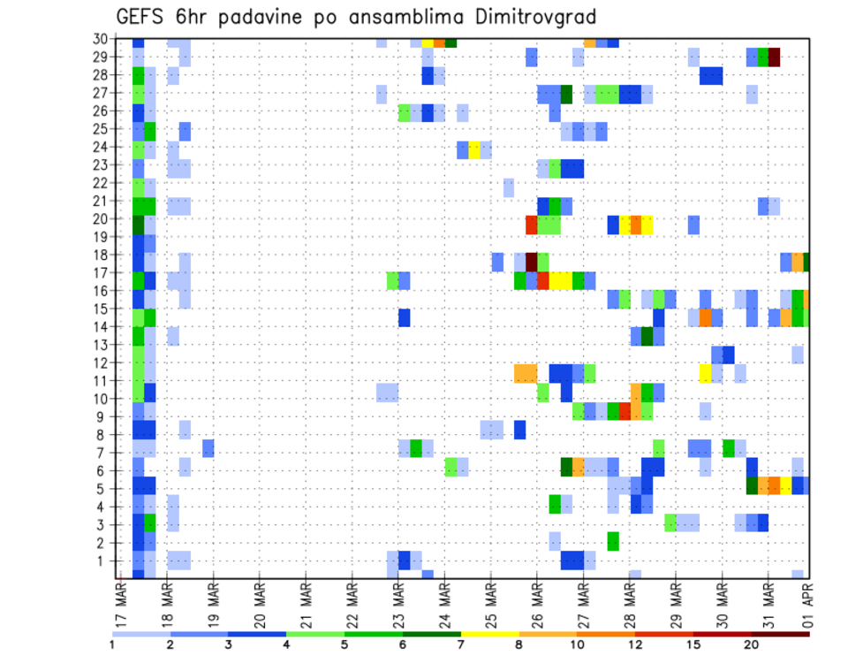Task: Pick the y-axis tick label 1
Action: point(103,561)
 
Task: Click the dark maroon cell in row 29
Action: point(775,57)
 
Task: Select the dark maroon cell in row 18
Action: point(532,261)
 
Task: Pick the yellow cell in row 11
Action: point(705,373)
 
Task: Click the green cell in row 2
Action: point(613,540)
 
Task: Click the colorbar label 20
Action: point(752,645)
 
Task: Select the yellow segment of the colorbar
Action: point(490,634)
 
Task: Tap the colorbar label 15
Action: point(693,645)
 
